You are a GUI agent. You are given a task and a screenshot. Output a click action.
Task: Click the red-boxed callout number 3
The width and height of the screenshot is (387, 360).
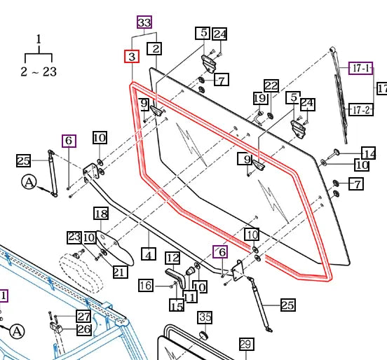132,57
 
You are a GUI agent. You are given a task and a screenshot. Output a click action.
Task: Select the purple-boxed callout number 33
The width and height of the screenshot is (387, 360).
144,22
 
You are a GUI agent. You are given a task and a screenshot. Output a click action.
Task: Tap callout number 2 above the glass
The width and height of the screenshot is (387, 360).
154,48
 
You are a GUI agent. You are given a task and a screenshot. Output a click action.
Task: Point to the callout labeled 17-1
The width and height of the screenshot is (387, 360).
361,69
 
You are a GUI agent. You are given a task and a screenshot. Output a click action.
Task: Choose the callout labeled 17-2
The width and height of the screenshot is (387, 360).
361,110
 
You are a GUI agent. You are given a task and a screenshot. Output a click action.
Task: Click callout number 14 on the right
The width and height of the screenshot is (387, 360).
369,153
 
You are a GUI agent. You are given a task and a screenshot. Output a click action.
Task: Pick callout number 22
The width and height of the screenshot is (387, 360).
271,86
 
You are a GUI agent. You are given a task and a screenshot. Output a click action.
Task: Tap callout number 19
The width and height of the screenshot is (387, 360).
260,98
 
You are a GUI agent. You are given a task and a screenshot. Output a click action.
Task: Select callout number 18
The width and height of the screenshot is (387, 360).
101,214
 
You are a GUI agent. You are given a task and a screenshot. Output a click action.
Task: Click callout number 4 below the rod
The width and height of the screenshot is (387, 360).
149,254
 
